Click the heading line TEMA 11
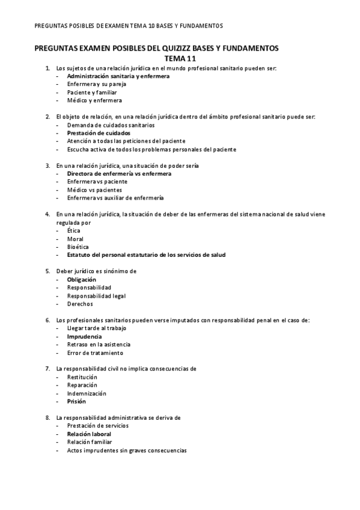point(180,58)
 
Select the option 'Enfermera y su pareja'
point(96,84)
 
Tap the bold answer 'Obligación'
point(82,280)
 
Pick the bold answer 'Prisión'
point(76,401)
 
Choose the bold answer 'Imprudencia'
point(85,337)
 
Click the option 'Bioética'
point(78,247)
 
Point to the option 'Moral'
point(75,239)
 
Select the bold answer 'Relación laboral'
point(89,434)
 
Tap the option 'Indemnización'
point(87,393)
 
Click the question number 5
point(47,271)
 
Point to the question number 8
point(47,417)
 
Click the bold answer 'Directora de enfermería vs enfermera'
point(119,173)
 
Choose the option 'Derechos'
point(80,304)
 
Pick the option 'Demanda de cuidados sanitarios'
point(111,125)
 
